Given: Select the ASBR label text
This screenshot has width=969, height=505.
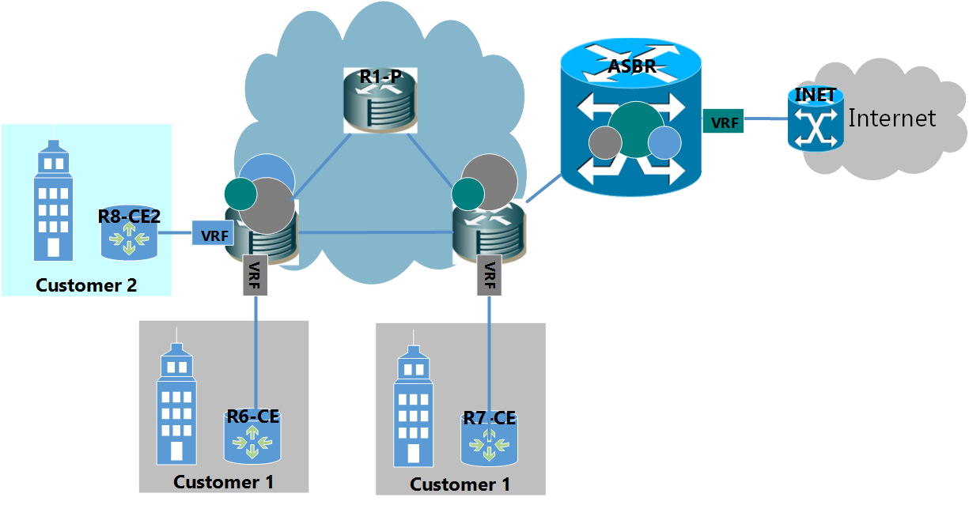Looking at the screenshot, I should (x=632, y=66).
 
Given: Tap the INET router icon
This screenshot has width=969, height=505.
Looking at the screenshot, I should (x=815, y=121).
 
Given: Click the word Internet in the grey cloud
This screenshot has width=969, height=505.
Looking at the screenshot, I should (x=892, y=119).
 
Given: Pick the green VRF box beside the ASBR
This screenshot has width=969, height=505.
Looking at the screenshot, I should (x=724, y=122).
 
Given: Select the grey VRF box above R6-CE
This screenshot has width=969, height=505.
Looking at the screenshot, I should (x=255, y=276).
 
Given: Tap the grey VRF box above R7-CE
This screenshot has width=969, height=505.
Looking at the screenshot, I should (x=490, y=276).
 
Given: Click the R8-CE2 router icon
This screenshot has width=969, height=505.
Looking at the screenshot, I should (x=129, y=235).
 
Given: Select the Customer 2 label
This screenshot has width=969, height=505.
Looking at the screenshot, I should (x=86, y=285).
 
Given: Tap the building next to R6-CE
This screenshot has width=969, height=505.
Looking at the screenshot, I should (x=179, y=404).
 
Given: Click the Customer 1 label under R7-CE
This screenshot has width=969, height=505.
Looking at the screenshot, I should (x=460, y=484).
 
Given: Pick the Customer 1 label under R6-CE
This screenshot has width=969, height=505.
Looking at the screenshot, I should (x=224, y=481).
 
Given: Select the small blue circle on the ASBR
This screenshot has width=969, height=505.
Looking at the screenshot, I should (x=664, y=142).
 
